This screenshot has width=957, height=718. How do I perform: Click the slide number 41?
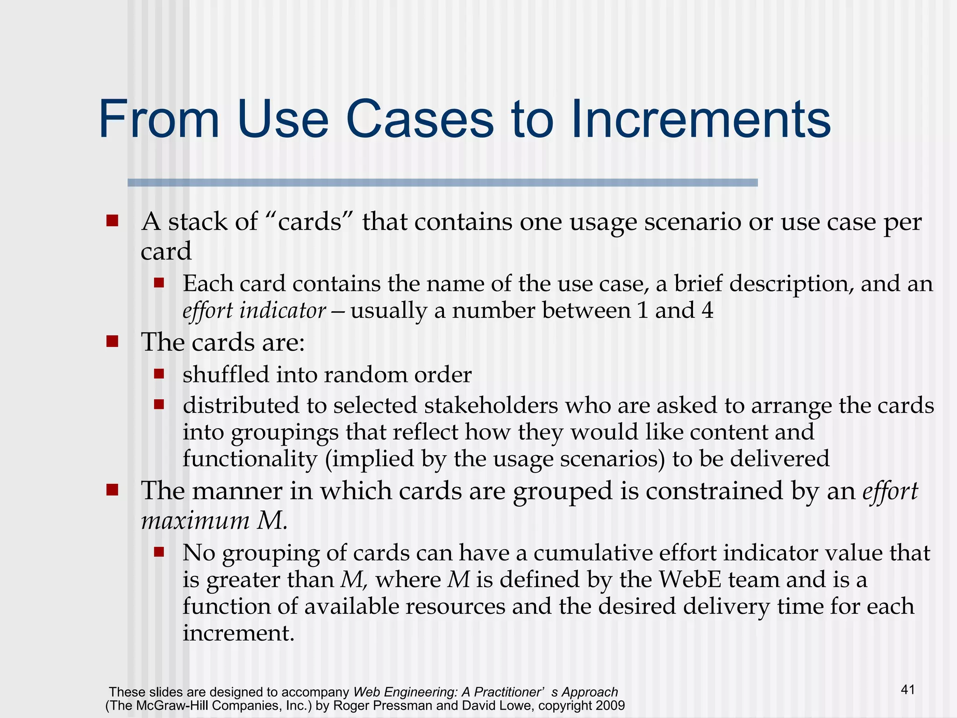[907, 689]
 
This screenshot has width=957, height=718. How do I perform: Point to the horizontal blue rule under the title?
[443, 183]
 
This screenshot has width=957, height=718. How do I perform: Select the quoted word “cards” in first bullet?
[316, 222]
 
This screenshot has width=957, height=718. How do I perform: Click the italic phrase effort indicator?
[254, 311]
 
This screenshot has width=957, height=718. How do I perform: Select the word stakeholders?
[491, 405]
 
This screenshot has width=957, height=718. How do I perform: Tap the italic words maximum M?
[214, 520]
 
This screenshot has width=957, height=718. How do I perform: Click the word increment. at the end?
[238, 633]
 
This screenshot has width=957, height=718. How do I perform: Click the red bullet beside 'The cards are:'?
[112, 342]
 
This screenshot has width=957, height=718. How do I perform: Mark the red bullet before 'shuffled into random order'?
[159, 374]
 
